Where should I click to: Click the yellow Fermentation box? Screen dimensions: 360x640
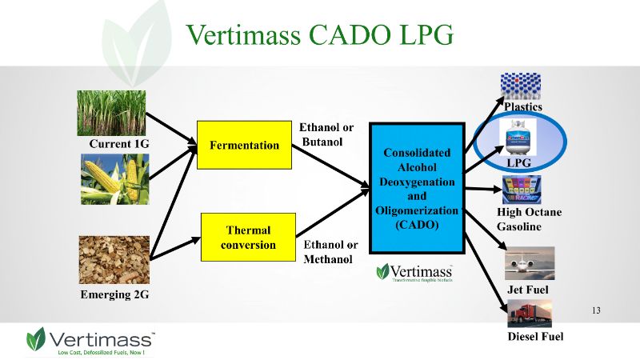point(244,146)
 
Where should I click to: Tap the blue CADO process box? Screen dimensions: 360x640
point(417,188)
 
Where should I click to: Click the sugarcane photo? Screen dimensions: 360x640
point(113,113)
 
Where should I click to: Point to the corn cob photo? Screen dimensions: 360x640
point(114,179)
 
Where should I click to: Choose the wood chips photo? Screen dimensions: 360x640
point(114,259)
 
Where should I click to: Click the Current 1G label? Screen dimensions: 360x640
point(119,144)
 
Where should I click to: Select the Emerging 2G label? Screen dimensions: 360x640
point(115,294)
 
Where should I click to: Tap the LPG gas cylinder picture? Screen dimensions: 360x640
point(518,138)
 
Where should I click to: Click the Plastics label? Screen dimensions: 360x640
point(522,106)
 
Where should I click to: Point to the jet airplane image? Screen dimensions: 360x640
point(529,262)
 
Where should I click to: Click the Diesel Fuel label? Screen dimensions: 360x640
point(535,337)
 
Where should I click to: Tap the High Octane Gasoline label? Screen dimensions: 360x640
point(529,219)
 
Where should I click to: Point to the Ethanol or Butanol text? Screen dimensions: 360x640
point(326,134)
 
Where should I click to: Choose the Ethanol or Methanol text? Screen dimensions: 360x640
point(330,252)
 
